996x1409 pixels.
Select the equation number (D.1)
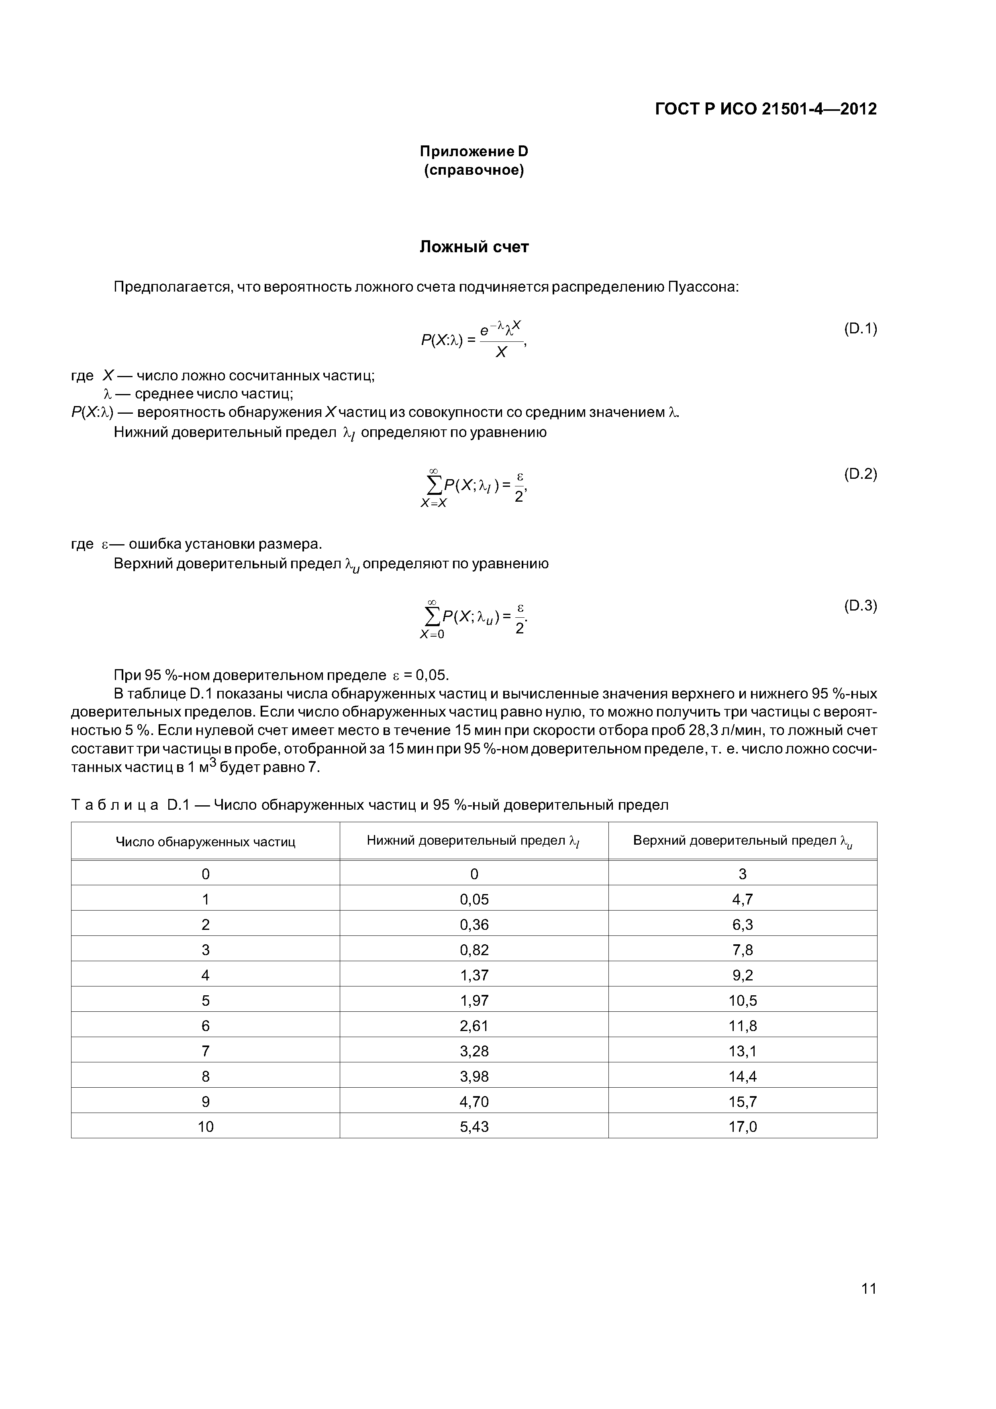(860, 329)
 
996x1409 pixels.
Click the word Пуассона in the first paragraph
(703, 287)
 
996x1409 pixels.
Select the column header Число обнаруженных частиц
(206, 842)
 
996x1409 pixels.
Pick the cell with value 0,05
(474, 900)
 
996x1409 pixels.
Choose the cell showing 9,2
(743, 975)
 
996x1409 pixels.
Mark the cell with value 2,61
(474, 1025)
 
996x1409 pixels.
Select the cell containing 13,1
(743, 1051)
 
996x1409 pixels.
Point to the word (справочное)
(474, 170)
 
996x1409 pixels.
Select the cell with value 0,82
(474, 950)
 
